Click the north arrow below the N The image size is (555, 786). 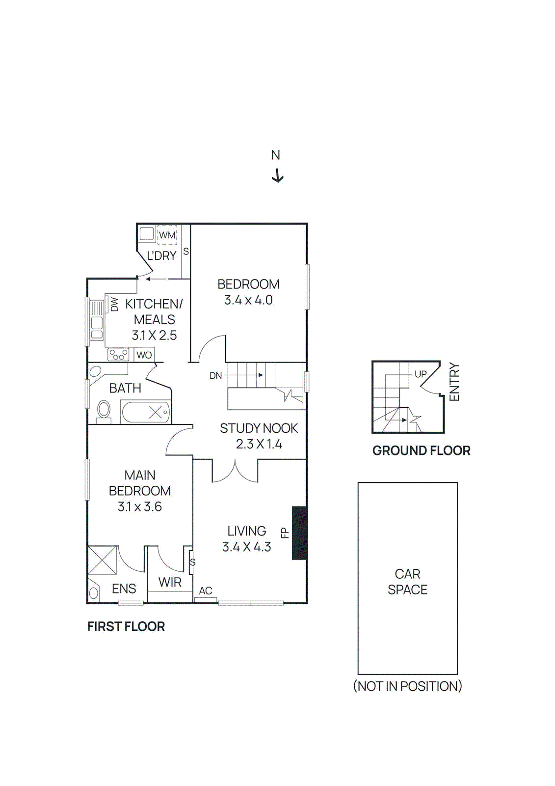(278, 175)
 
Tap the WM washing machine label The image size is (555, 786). (167, 235)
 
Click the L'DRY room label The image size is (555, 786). (161, 256)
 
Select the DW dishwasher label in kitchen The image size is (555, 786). (114, 304)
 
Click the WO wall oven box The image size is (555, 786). (144, 355)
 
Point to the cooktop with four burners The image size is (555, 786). (118, 354)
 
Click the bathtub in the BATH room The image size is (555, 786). (146, 412)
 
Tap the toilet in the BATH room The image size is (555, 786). (104, 410)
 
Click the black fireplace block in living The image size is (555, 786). (299, 533)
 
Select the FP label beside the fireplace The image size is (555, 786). (284, 533)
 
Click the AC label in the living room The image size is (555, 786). (206, 590)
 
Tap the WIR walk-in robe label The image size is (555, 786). (170, 582)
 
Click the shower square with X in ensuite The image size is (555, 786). (103, 560)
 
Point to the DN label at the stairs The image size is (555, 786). (215, 375)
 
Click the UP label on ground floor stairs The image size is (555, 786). (421, 374)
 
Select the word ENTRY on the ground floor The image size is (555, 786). (454, 382)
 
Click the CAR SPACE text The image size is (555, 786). (407, 582)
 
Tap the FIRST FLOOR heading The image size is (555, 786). (126, 626)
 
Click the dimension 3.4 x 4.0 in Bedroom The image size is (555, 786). (248, 300)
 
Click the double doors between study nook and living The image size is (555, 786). (235, 472)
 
